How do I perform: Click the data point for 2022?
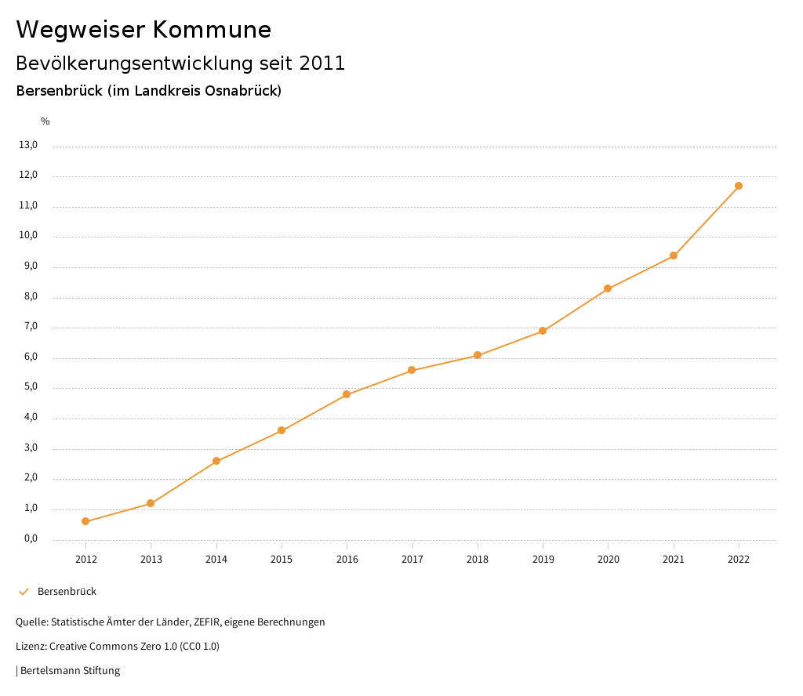(x=739, y=186)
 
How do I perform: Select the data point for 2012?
(x=85, y=521)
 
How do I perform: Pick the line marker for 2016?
(x=347, y=394)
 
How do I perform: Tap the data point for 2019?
(x=543, y=331)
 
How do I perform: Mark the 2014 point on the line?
(x=216, y=461)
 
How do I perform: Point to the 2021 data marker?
(x=674, y=256)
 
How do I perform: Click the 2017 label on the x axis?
(x=412, y=559)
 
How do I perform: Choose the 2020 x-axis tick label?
(x=608, y=559)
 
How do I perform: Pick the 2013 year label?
(x=151, y=559)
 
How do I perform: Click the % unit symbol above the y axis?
(x=45, y=121)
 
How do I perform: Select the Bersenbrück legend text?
(x=67, y=592)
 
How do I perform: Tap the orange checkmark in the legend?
(x=24, y=592)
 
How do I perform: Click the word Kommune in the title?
(x=212, y=30)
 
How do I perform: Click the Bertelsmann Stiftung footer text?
(x=70, y=671)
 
